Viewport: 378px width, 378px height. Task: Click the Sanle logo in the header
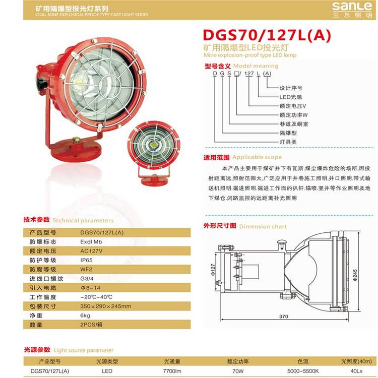[x=352, y=10]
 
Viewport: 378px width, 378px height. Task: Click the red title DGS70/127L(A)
[x=267, y=35]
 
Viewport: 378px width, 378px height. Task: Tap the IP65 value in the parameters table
[x=86, y=260]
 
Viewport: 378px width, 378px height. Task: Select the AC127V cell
[x=91, y=251]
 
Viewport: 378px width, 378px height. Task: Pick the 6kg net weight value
[x=85, y=316]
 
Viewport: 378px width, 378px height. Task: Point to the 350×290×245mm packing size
[x=106, y=306]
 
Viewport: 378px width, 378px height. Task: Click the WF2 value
[x=86, y=269]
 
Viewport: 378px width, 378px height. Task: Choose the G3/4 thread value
[x=87, y=279]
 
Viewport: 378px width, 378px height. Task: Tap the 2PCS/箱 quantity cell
[x=91, y=325]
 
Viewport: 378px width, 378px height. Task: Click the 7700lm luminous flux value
[x=172, y=371]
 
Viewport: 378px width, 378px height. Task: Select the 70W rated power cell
[x=238, y=371]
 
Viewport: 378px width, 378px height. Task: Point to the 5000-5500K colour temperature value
[x=303, y=371]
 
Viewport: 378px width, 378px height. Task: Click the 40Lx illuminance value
[x=356, y=371]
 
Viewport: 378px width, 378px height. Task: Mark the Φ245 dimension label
[x=355, y=275]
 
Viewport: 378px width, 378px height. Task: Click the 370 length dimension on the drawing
[x=283, y=317]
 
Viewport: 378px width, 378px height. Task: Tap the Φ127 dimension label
[x=213, y=270]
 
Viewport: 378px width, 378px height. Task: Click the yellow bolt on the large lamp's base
[x=76, y=140]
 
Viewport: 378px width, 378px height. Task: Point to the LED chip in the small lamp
[x=154, y=145]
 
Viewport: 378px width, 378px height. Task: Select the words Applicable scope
[x=257, y=157]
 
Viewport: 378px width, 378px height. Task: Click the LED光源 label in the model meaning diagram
[x=291, y=97]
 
